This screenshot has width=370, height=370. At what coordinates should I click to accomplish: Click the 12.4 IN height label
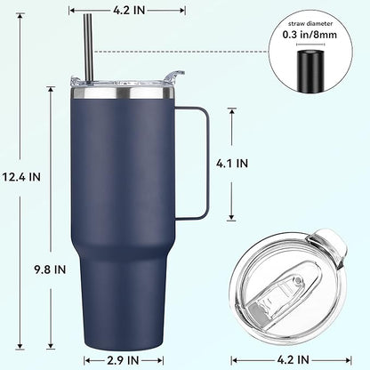tap(22, 176)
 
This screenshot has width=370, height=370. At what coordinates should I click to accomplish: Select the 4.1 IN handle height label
tap(257, 164)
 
